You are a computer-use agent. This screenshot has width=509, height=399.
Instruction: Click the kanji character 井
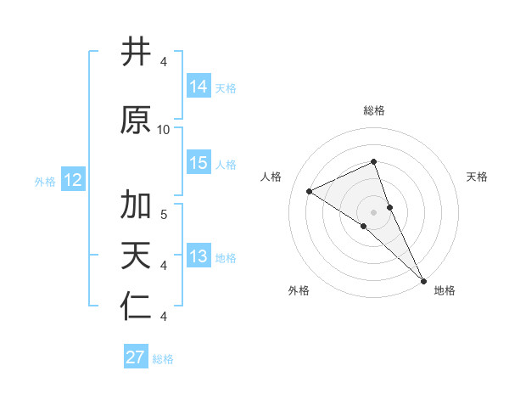click(136, 53)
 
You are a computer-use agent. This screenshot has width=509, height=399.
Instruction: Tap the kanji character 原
click(136, 121)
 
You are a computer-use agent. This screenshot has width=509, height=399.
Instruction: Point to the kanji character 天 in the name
click(136, 256)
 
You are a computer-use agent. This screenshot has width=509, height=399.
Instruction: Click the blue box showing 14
click(199, 87)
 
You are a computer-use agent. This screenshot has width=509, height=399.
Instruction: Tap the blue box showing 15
click(199, 163)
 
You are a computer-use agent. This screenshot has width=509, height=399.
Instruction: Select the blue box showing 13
click(199, 256)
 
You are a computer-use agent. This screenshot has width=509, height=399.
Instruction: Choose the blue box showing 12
click(73, 180)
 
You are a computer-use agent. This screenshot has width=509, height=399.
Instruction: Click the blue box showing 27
click(136, 357)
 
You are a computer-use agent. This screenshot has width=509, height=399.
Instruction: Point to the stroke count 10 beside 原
click(164, 129)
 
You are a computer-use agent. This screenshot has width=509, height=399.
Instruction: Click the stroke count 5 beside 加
click(164, 214)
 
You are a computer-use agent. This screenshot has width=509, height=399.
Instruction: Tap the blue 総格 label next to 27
click(163, 359)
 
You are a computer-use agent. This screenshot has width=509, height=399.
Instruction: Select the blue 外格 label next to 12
click(45, 181)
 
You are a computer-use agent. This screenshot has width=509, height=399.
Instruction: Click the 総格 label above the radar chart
click(374, 110)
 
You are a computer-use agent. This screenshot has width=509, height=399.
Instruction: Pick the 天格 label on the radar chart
click(478, 177)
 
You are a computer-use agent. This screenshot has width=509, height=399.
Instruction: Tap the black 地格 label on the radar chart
click(445, 291)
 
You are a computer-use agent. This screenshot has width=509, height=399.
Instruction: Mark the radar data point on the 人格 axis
click(310, 191)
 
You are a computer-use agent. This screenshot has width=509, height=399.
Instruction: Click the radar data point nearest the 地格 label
click(422, 279)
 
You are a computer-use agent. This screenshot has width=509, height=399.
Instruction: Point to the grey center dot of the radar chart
click(374, 211)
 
